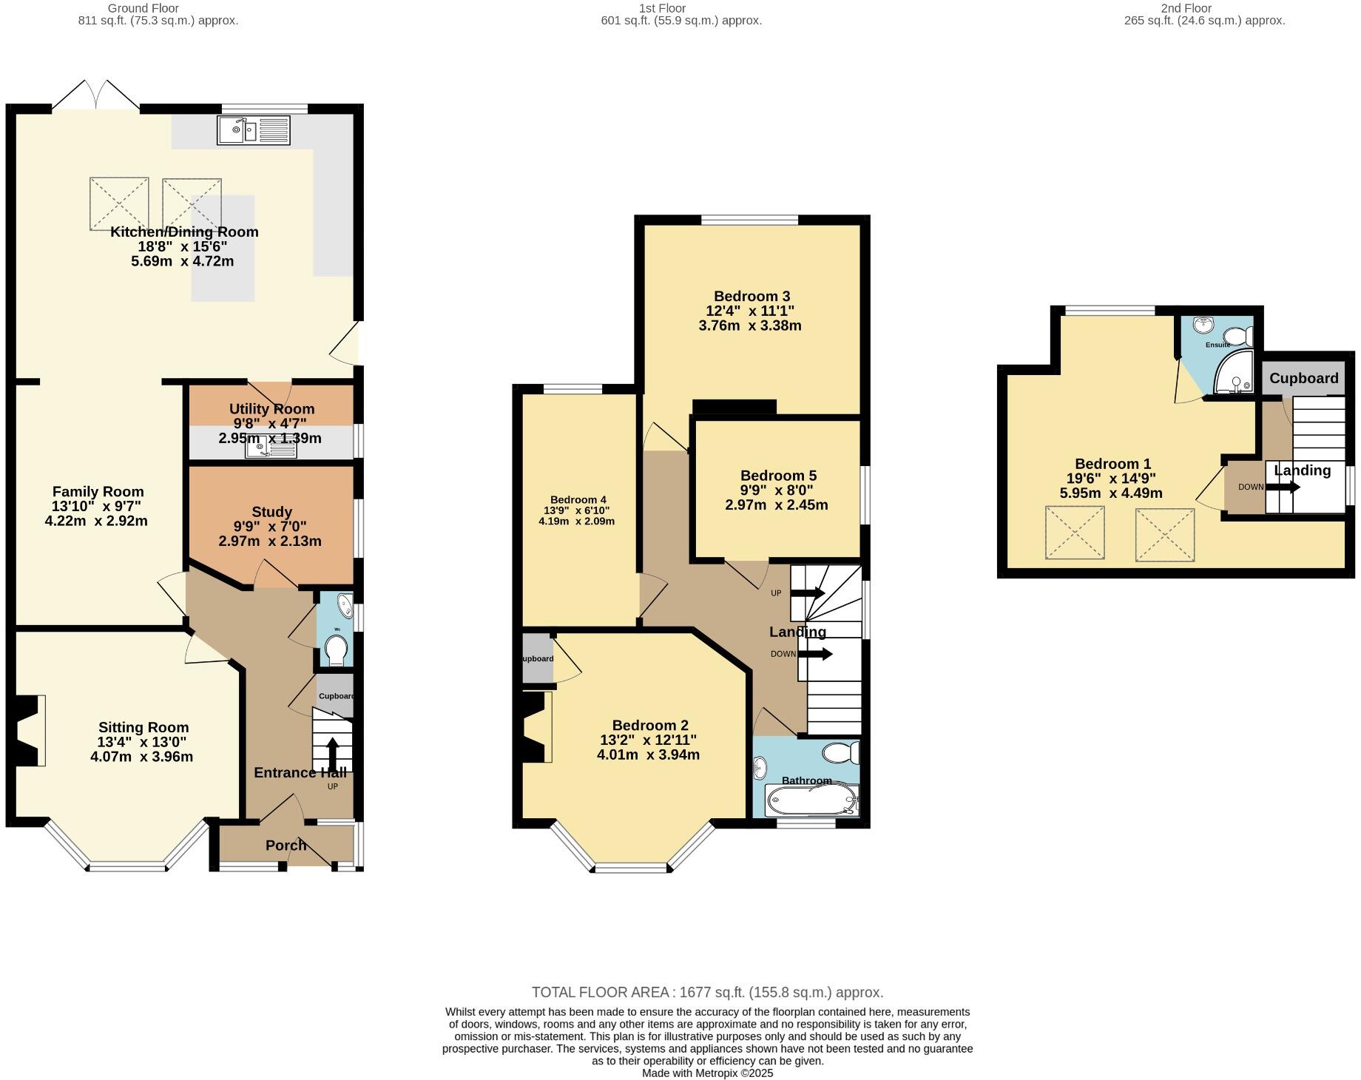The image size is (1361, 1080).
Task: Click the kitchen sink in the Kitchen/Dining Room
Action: click(x=254, y=131)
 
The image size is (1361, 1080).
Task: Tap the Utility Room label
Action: click(x=271, y=409)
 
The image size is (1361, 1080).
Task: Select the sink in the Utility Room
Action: click(x=271, y=447)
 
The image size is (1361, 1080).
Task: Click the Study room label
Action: click(x=271, y=512)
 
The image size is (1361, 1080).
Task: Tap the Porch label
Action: click(x=286, y=845)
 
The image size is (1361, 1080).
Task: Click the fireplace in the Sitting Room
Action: click(x=28, y=730)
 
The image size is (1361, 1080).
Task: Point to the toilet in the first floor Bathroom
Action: click(x=842, y=753)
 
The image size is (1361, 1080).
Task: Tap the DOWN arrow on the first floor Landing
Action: click(x=815, y=654)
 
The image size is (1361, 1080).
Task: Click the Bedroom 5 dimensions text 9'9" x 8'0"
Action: click(x=776, y=490)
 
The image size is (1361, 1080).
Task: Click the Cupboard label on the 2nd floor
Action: click(x=1303, y=379)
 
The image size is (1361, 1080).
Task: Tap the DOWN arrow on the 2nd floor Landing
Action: click(x=1283, y=487)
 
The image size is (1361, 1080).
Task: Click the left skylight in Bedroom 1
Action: click(x=1074, y=533)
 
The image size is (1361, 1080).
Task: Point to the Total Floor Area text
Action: click(x=707, y=993)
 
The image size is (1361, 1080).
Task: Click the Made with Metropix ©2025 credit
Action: click(x=707, y=1073)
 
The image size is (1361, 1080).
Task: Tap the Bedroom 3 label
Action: click(x=752, y=297)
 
